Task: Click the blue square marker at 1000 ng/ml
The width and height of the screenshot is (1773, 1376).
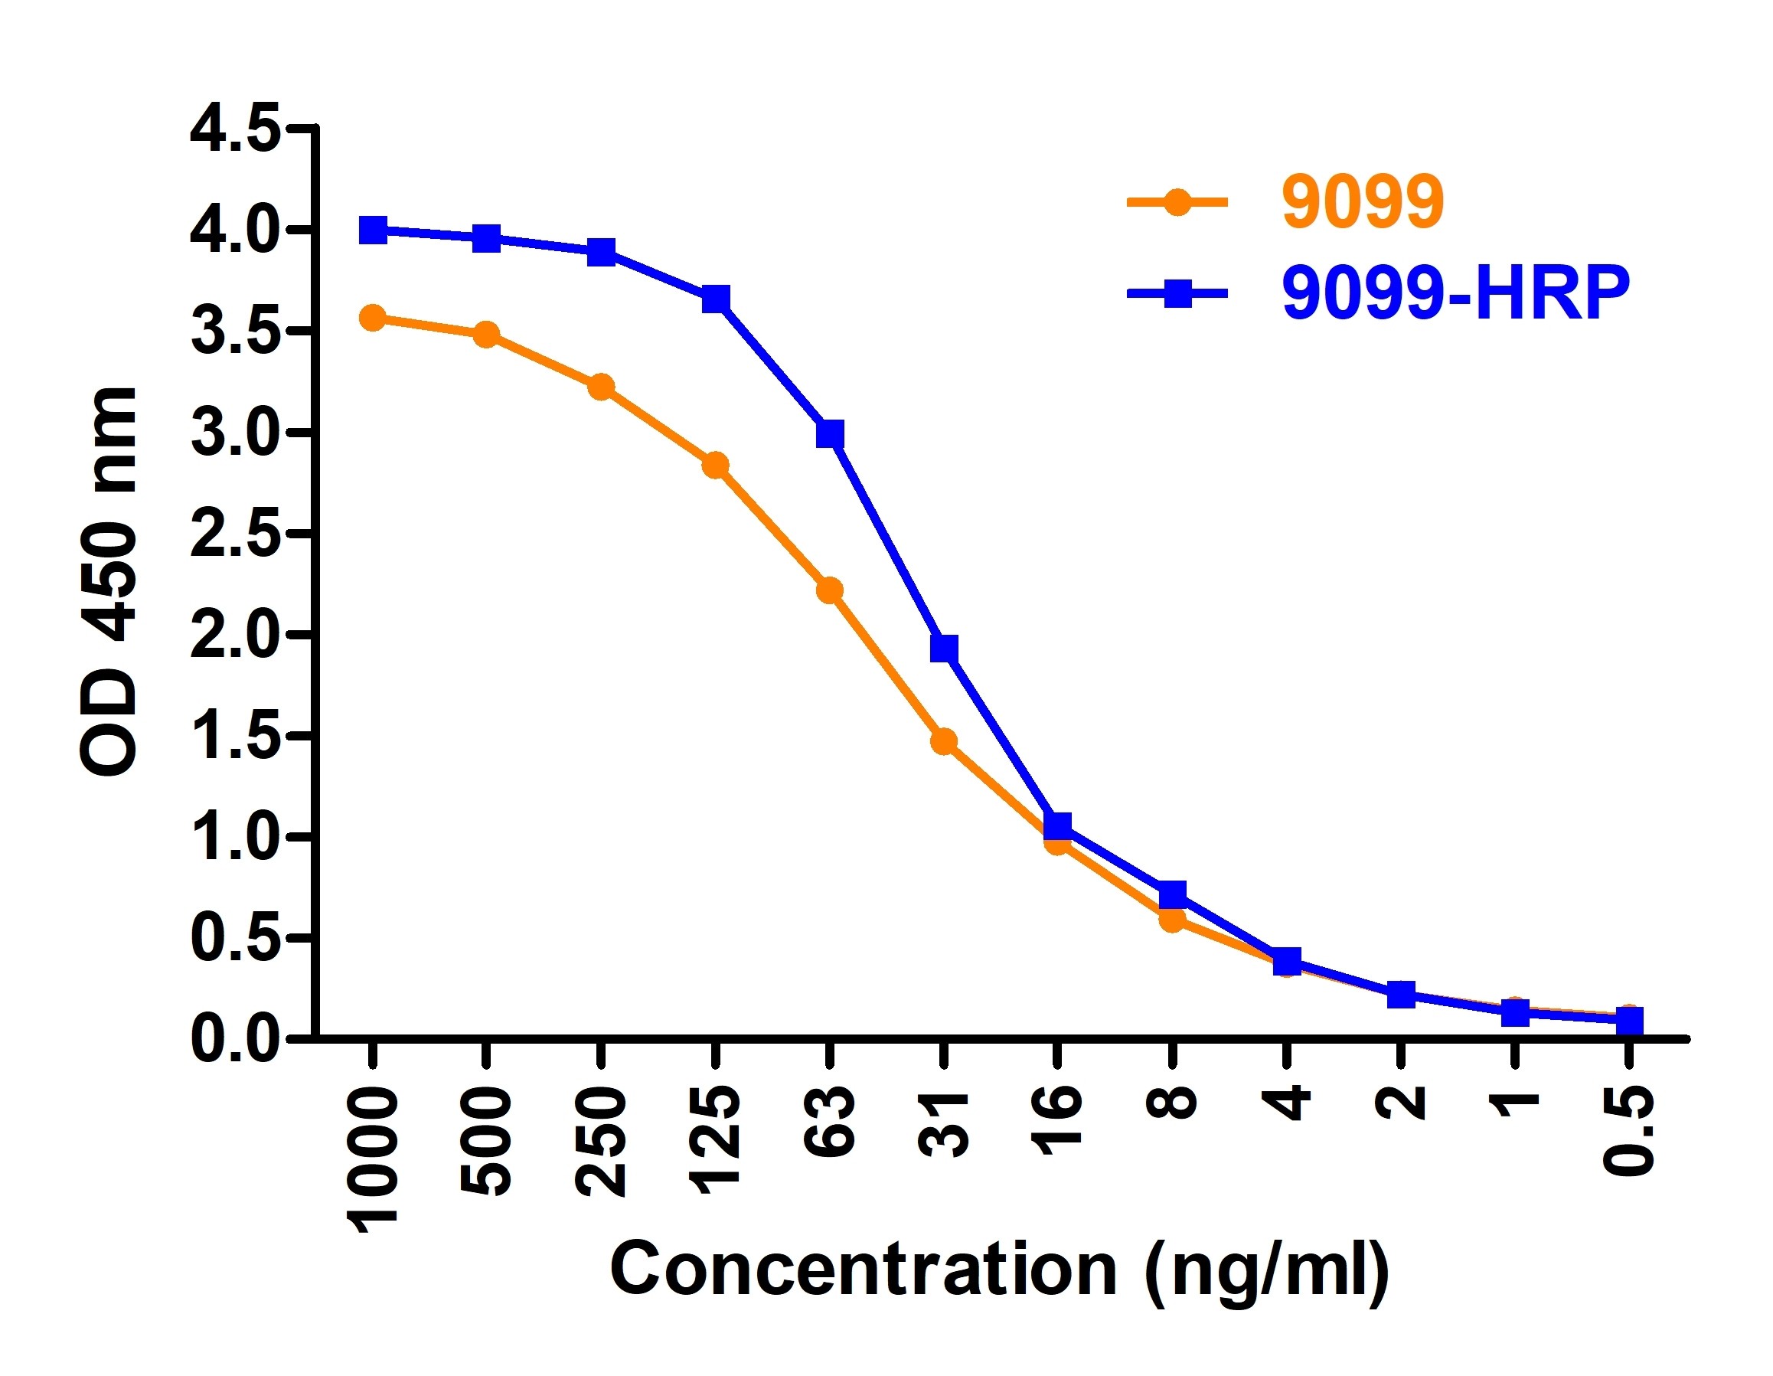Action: coord(373,230)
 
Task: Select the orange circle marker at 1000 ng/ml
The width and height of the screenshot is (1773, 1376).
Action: coord(373,319)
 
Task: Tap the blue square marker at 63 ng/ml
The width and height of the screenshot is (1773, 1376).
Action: coord(830,434)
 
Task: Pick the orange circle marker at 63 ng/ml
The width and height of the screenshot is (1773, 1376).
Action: coord(830,590)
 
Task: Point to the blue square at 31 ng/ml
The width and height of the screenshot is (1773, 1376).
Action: coord(943,649)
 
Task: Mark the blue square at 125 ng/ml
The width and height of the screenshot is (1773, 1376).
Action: coord(715,299)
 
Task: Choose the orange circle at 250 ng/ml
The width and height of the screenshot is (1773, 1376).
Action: coord(601,387)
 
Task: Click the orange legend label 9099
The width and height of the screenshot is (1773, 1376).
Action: coord(1363,202)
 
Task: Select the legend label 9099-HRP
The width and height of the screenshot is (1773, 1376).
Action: coord(1455,293)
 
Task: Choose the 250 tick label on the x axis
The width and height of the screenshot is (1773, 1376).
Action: coord(602,1144)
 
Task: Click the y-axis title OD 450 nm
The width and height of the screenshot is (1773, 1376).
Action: coord(109,583)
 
